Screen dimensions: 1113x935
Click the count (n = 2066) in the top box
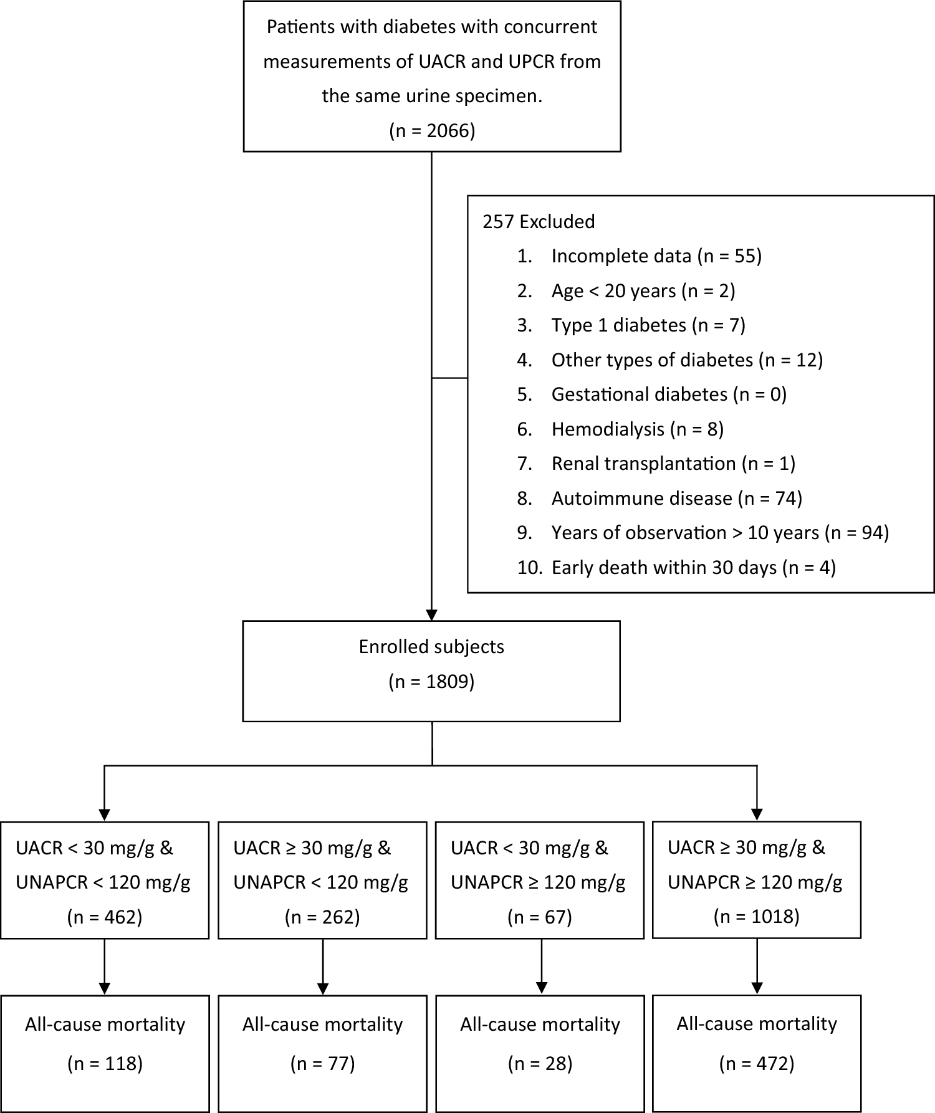(432, 131)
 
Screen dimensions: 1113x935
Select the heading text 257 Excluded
(539, 222)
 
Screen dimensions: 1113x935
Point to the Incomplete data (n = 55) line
(656, 256)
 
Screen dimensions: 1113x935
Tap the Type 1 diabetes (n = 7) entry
(648, 325)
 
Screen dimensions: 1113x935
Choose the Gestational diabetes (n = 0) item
(668, 394)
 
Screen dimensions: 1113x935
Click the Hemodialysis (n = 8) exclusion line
(637, 429)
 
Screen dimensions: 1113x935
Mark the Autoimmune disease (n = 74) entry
(676, 498)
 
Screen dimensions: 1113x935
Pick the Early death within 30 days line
(693, 567)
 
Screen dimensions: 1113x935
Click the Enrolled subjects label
(431, 647)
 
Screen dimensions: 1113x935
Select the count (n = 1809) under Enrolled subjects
(431, 682)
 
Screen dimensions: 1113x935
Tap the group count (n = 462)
(105, 917)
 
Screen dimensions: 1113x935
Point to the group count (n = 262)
(322, 917)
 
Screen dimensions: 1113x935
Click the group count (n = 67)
(540, 917)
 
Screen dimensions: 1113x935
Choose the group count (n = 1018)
(756, 916)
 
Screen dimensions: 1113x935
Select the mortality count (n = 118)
(105, 1063)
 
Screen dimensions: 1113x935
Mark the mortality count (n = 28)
(540, 1063)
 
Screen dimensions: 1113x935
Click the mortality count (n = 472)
(756, 1063)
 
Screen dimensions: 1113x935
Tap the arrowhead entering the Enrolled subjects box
(431, 614)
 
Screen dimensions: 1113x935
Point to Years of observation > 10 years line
(719, 533)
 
